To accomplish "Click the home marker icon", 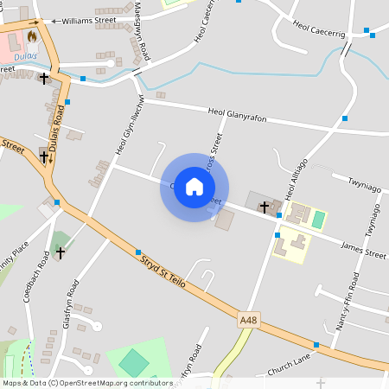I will [194, 187].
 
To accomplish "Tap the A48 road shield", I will [249, 320].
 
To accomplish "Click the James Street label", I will [363, 252].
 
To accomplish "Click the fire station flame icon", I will [33, 37].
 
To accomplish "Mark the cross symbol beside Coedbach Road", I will [60, 252].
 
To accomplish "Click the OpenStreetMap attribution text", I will [86, 383].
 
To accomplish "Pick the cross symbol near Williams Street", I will [44, 79].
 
